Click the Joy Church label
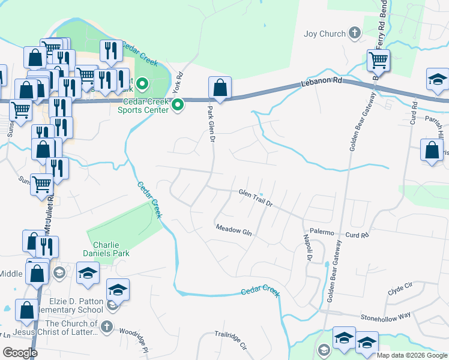(325, 34)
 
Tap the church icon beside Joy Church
(354, 33)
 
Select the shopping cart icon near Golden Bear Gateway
(378, 60)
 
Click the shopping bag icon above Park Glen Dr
(220, 88)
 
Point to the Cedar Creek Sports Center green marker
(178, 106)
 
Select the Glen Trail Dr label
(256, 198)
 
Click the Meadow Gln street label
(234, 229)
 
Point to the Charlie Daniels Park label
(112, 249)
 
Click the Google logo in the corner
(20, 353)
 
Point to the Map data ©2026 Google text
(411, 355)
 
